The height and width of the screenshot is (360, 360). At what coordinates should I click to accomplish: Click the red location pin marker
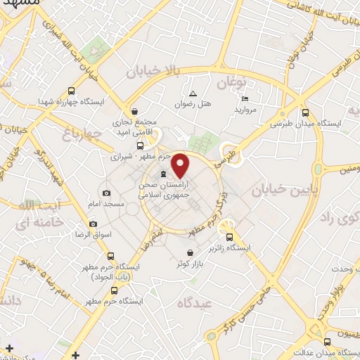tap(181, 165)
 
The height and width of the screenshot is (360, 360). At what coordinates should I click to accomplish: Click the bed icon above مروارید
tap(245, 98)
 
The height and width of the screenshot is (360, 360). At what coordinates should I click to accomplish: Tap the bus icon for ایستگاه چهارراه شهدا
tap(71, 91)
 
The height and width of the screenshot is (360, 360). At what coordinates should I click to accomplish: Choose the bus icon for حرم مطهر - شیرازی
tap(140, 146)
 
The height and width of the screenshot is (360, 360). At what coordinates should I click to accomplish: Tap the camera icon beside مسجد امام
tap(106, 193)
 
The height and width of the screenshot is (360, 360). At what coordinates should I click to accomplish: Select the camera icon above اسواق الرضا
tap(93, 224)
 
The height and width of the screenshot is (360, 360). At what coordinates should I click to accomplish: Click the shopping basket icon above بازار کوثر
tap(189, 253)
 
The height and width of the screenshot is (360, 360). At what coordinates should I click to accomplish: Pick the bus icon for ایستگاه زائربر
tap(229, 237)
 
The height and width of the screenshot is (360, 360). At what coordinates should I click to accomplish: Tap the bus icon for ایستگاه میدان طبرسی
tap(304, 112)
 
